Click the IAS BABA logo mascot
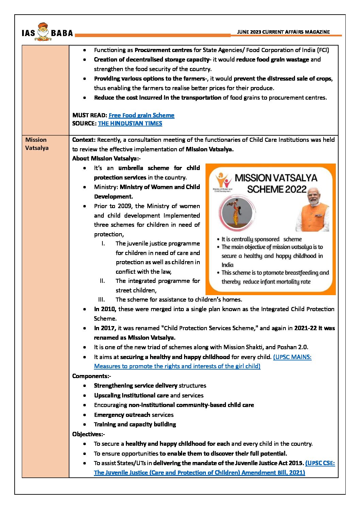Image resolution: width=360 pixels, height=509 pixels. [43, 32]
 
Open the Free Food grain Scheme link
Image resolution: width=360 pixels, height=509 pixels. [141, 115]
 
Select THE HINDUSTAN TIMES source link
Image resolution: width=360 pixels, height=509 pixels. [130, 123]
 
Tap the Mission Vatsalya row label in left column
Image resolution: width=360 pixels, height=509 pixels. [36, 144]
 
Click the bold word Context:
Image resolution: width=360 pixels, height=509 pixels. [84, 140]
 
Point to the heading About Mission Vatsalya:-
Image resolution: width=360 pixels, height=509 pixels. [106, 158]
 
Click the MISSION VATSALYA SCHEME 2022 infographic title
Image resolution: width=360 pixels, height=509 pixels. [276, 183]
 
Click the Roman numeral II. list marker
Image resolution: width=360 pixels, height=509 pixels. [102, 281]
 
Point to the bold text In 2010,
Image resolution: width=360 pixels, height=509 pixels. [105, 309]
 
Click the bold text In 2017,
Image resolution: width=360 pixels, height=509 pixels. [105, 328]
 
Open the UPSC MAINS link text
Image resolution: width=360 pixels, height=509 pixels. [292, 357]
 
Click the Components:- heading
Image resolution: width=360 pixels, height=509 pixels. [92, 376]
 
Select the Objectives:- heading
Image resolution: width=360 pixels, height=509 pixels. [88, 434]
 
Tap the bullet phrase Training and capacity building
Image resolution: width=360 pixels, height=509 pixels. [135, 424]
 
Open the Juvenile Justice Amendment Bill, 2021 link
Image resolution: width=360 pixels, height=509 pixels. [199, 473]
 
